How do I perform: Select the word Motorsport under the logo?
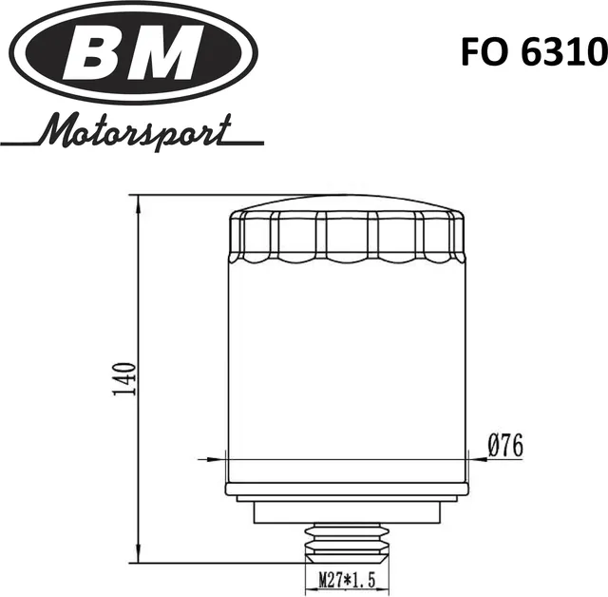pyautogui.click(x=134, y=129)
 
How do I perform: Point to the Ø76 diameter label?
pyautogui.click(x=504, y=444)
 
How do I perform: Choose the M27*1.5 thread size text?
pyautogui.click(x=347, y=577)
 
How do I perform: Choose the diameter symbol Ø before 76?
pyautogui.click(x=494, y=444)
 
